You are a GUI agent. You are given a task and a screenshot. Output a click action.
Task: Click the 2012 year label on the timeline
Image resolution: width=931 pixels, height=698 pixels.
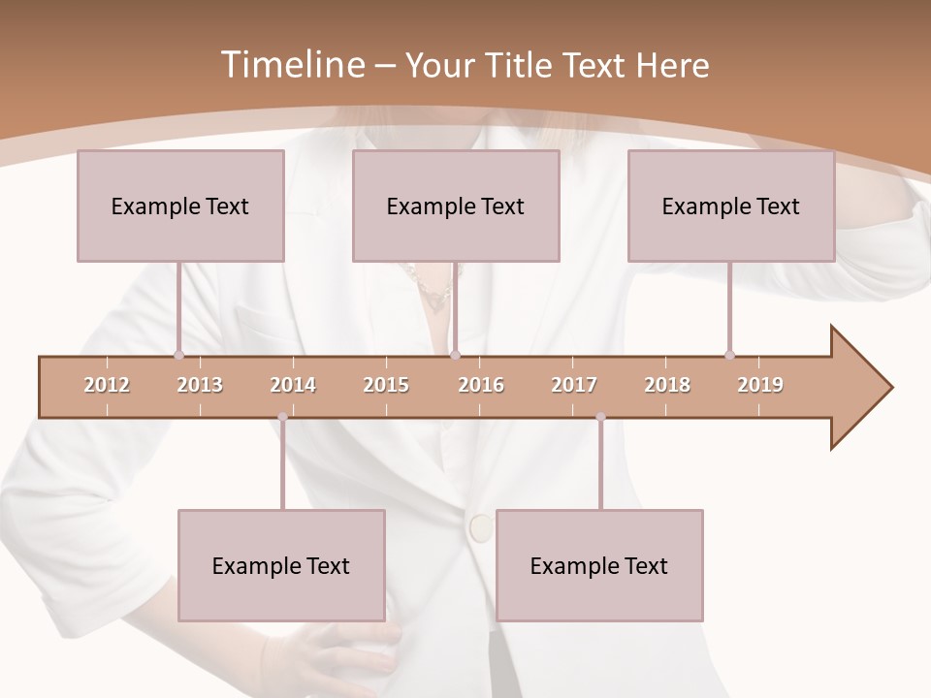coord(107,385)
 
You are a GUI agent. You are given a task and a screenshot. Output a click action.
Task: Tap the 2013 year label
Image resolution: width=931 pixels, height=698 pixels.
coord(200,385)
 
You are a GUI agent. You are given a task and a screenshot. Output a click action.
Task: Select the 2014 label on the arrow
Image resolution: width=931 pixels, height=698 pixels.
coord(293,385)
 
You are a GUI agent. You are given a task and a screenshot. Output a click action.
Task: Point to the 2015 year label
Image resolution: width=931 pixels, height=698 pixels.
coord(386,385)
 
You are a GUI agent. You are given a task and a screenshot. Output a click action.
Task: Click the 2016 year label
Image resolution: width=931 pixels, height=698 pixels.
coord(481,385)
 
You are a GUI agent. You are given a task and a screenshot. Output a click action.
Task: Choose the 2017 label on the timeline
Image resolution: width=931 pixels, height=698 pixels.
coord(574,385)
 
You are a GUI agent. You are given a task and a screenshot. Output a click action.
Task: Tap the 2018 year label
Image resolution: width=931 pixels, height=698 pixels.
coord(667,385)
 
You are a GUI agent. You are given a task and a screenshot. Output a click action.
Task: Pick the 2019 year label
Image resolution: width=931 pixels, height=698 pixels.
coord(760,385)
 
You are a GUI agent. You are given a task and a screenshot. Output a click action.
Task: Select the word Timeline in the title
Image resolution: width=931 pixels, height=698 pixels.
coord(292,65)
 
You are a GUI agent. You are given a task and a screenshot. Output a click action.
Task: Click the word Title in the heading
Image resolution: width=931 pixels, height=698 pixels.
coord(523,65)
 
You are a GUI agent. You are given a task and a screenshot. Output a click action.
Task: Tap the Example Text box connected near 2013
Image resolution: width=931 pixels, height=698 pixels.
coord(180,206)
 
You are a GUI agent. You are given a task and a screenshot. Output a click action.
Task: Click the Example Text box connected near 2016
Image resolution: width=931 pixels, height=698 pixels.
coord(456,206)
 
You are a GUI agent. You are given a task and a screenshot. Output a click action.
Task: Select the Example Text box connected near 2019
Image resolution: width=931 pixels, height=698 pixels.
coord(731,206)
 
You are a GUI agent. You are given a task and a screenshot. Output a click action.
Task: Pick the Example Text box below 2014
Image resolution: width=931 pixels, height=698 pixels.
coord(281,565)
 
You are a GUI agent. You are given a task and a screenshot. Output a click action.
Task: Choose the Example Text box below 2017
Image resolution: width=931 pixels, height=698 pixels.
coord(599,565)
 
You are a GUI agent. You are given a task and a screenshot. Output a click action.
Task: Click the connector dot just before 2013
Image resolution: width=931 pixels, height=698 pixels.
coord(178,355)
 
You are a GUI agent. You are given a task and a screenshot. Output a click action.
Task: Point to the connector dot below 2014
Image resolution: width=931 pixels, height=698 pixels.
coord(282,418)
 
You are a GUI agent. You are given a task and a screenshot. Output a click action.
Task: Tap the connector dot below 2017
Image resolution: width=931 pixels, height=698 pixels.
coord(600,418)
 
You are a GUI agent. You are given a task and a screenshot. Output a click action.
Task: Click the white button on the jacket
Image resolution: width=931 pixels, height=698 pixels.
coord(480,527)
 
